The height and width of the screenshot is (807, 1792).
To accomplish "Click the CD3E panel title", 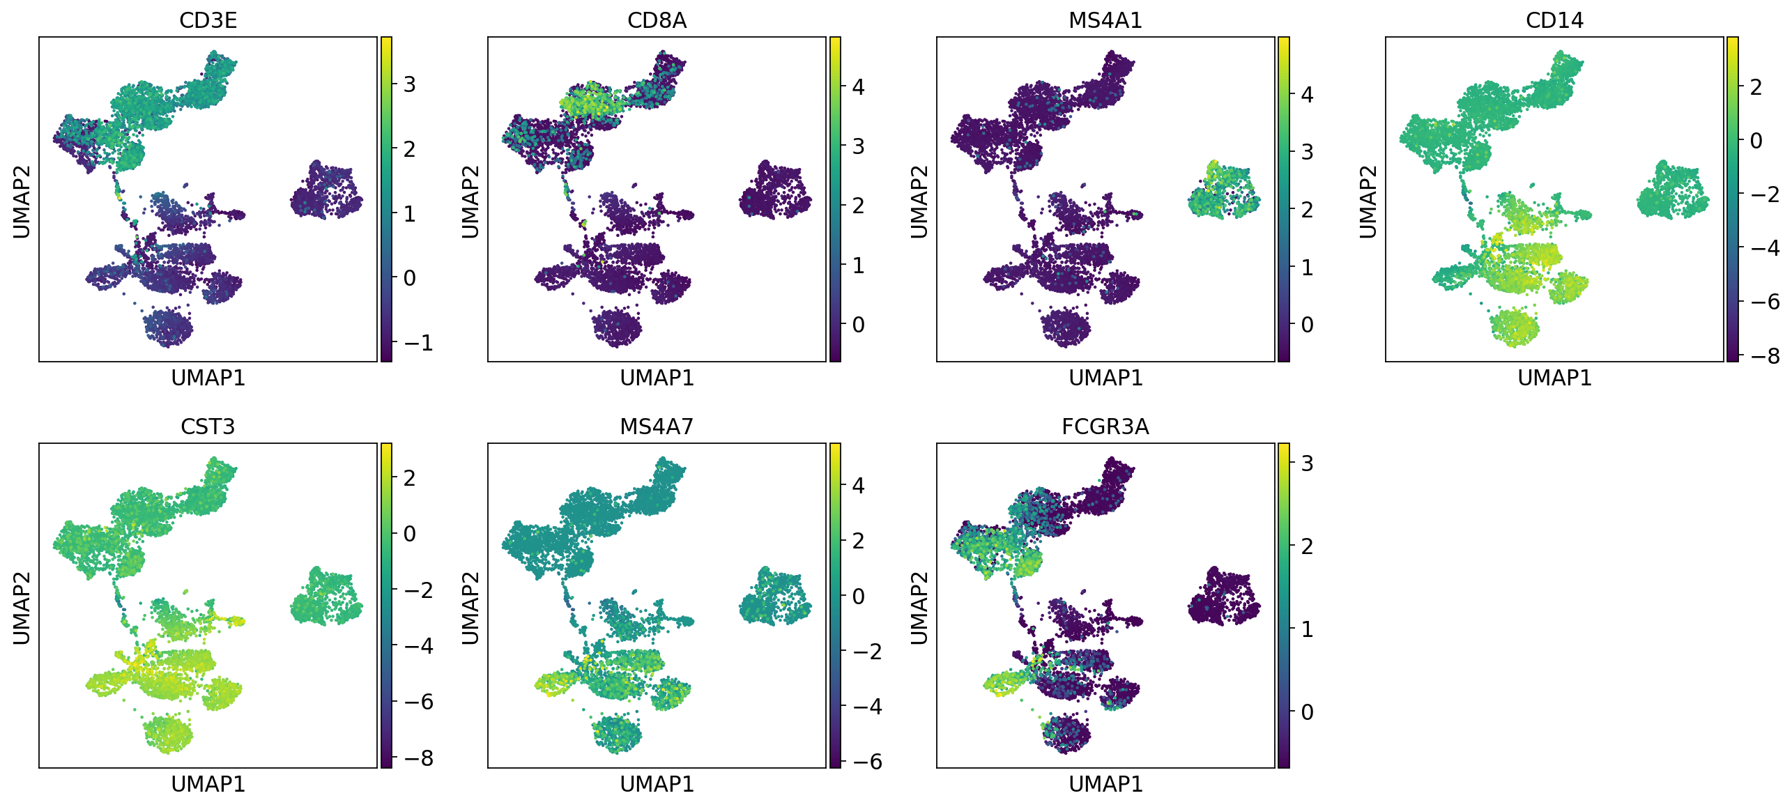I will click(208, 20).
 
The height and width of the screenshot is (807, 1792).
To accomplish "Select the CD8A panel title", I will click(657, 20).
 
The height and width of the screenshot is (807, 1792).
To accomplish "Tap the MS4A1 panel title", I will click(1105, 20).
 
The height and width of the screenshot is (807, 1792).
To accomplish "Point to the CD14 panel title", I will click(1554, 20).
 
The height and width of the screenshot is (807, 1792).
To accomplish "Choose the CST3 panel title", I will click(208, 426).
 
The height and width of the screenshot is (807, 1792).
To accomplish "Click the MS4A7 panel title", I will click(657, 426).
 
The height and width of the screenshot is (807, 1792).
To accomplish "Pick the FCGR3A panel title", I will click(1105, 426).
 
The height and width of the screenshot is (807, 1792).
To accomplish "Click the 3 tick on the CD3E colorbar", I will click(409, 84).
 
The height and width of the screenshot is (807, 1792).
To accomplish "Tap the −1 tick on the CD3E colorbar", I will click(418, 342).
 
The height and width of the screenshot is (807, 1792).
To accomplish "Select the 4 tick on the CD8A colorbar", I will click(858, 87).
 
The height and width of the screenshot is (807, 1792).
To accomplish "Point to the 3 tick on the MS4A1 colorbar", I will click(1307, 152).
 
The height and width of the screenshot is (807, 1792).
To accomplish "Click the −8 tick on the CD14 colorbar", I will click(1764, 356).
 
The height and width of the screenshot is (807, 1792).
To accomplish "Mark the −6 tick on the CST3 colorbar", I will click(418, 702).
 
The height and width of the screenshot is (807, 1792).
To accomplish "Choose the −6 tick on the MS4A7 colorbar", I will click(866, 762).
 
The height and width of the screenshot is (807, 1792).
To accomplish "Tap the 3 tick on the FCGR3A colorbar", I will click(1307, 463).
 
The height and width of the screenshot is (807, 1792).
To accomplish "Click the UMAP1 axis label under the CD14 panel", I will click(1554, 378).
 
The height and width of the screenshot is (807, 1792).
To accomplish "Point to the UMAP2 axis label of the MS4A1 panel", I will click(919, 201).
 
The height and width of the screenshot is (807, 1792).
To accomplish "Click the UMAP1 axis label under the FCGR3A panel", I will click(1105, 784).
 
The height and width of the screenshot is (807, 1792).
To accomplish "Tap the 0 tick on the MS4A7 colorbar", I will click(858, 597).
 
